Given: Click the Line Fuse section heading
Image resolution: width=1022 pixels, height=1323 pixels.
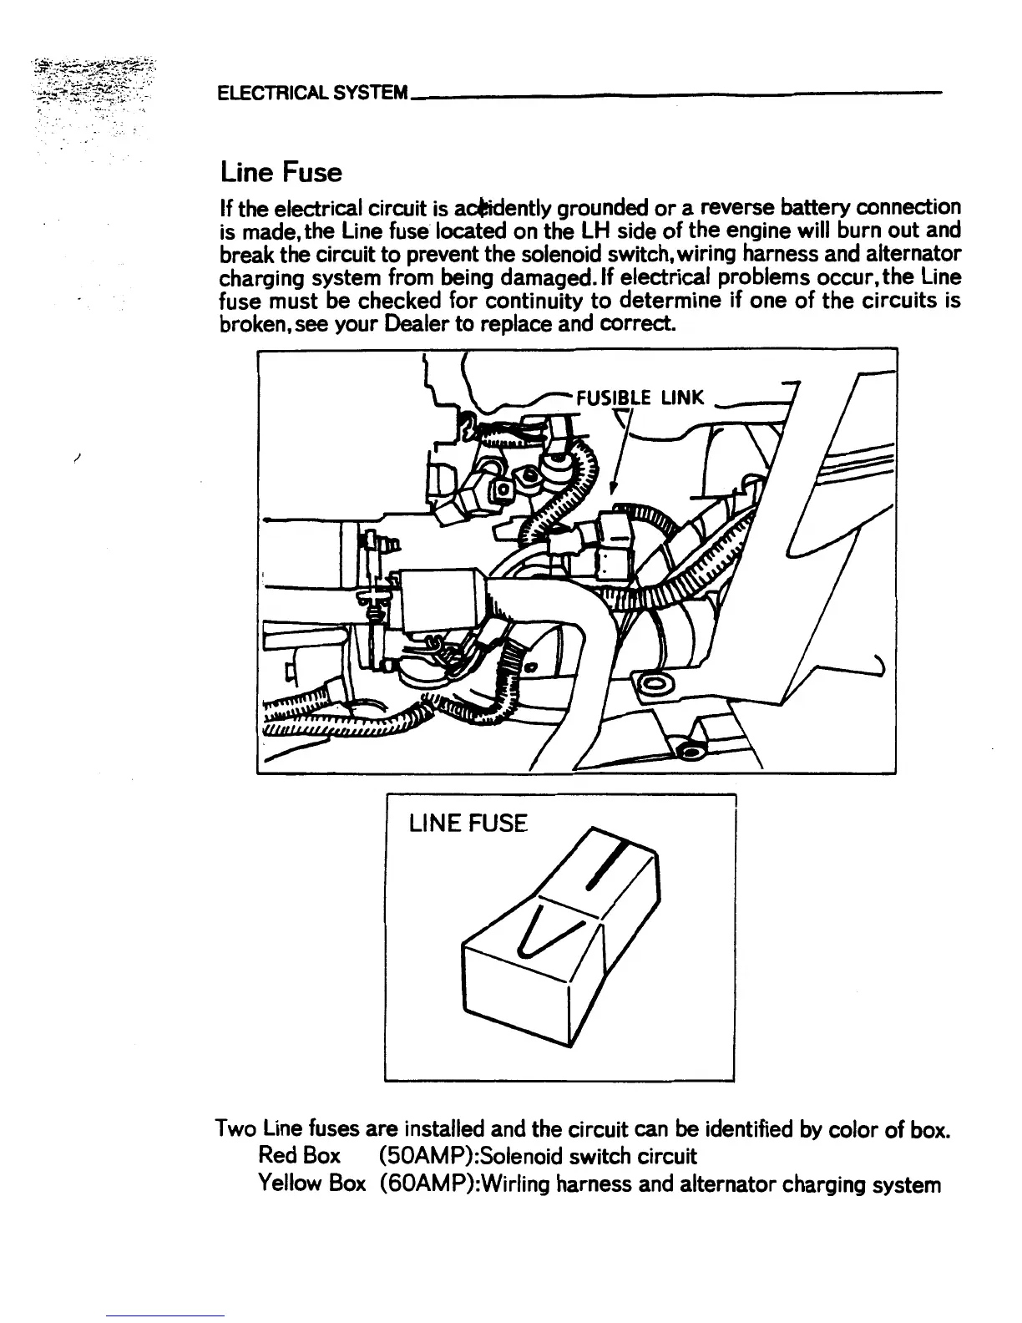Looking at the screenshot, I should [281, 173].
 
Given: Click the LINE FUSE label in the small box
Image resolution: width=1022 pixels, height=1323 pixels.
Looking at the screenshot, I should [468, 825].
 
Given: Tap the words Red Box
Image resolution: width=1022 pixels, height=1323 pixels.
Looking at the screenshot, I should [299, 1156].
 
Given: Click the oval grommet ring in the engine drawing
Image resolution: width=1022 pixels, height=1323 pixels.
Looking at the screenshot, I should [651, 687].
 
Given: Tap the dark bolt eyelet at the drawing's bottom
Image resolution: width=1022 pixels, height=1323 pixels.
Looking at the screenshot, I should [691, 752].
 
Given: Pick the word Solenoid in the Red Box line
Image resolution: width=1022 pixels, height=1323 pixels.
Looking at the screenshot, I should [517, 1156].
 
